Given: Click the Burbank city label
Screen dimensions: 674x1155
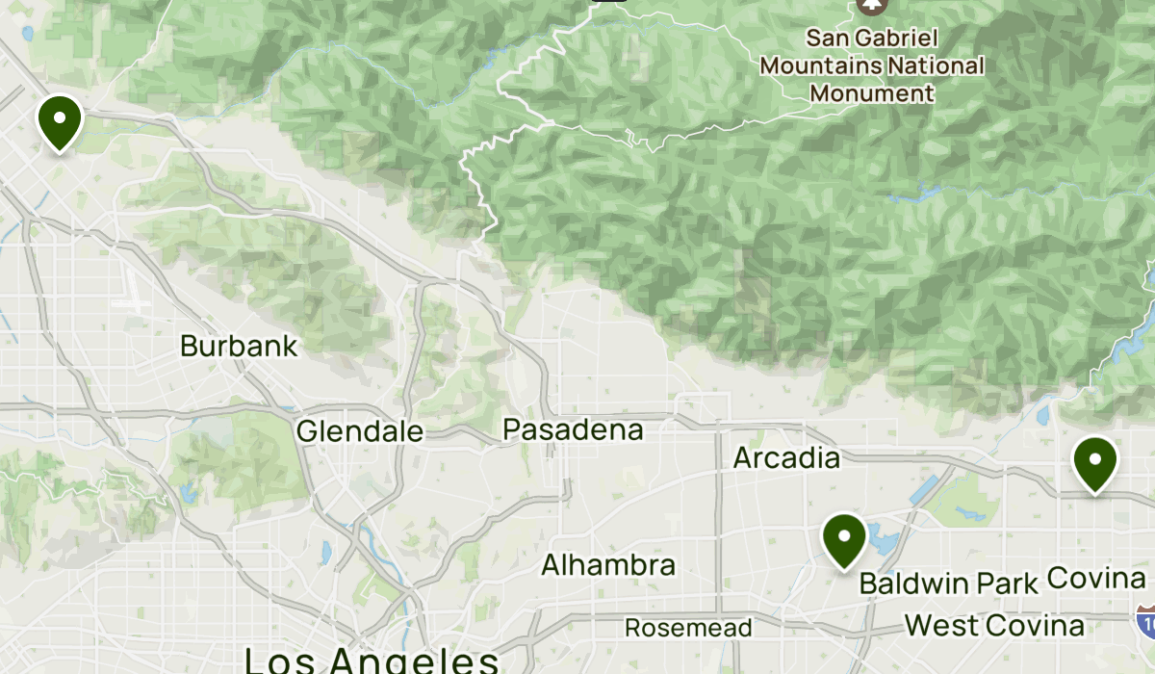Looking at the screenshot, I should [x=239, y=346].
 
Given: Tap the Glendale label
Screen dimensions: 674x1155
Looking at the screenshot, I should [x=359, y=431].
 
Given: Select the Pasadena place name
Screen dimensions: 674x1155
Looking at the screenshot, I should [x=573, y=428].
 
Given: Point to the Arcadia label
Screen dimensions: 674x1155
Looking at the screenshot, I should [x=786, y=457].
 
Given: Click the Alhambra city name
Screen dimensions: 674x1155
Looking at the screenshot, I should [x=608, y=564].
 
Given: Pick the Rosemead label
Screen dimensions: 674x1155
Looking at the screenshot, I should [x=687, y=628].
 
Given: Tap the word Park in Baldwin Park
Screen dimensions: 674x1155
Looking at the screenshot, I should [x=1007, y=583].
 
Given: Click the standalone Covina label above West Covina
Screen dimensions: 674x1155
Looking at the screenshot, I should [x=1094, y=578].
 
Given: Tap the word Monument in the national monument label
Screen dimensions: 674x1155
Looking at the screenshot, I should [x=871, y=93].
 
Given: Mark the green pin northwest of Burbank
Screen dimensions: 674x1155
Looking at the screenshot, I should [x=60, y=121].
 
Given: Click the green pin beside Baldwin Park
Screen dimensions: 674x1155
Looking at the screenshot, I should [x=844, y=538].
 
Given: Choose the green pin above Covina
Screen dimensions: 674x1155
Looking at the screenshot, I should [x=1095, y=462].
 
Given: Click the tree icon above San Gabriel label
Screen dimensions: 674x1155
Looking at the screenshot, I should [x=872, y=5].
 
